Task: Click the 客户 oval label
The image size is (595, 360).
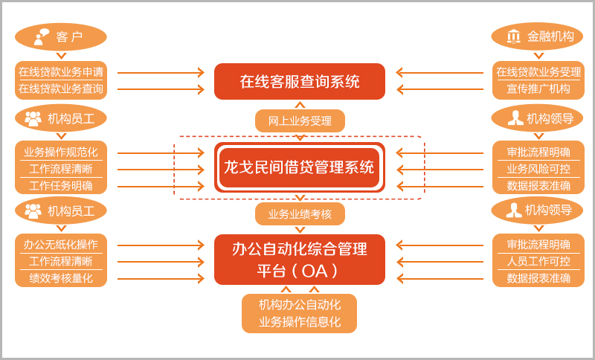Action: [x=61, y=36]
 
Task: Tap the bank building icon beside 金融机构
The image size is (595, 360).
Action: [x=513, y=36]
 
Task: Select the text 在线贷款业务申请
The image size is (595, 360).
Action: [x=61, y=71]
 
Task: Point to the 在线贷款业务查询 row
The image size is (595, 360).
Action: [x=61, y=89]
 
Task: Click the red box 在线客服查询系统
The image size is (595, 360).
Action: [x=300, y=82]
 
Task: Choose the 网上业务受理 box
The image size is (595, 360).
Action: [x=300, y=121]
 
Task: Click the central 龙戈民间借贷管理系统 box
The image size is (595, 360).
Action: [x=300, y=167]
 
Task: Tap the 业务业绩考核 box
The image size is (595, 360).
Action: [x=300, y=214]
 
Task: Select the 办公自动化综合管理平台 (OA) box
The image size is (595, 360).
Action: [x=300, y=260]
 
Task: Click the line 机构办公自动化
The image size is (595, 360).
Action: [x=300, y=304]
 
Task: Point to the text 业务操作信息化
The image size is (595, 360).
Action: [x=300, y=321]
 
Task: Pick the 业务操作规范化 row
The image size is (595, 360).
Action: [x=61, y=152]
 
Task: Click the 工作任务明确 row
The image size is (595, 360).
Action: [x=61, y=186]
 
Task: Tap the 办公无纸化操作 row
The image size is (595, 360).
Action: [x=61, y=245]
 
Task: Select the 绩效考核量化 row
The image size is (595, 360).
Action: [x=61, y=278]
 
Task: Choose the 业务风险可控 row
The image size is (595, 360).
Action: [x=538, y=169]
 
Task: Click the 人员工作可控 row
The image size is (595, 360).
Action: [x=538, y=261]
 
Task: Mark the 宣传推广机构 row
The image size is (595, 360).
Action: [x=538, y=89]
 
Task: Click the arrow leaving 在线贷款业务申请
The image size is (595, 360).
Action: [x=161, y=72]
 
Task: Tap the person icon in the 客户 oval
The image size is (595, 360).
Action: [x=41, y=36]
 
